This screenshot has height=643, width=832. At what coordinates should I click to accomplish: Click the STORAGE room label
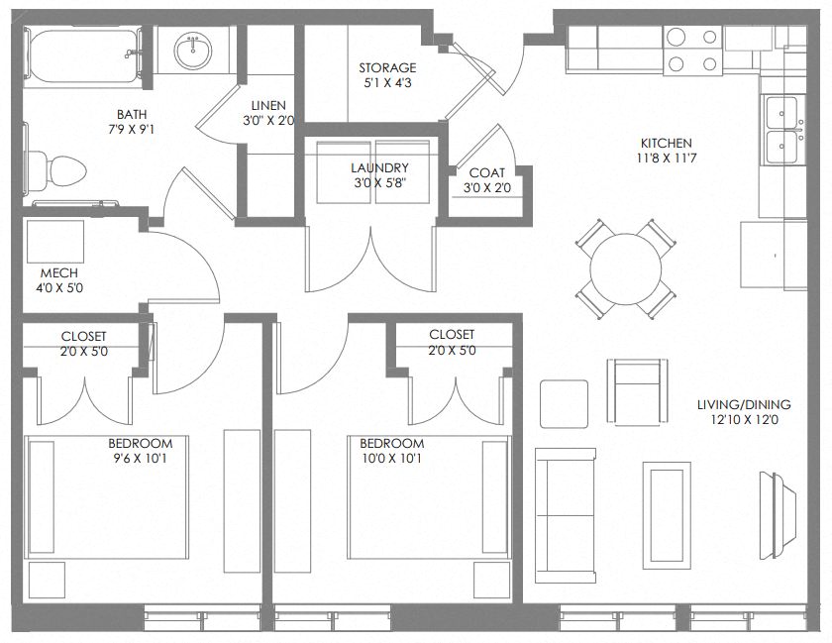tap(387, 67)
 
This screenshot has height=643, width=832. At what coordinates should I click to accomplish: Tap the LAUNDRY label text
tap(379, 167)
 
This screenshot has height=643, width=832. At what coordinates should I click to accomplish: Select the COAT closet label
tap(487, 173)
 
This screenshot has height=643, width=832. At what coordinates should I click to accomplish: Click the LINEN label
tap(268, 105)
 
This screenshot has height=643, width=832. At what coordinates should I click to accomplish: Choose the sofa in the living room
tap(566, 515)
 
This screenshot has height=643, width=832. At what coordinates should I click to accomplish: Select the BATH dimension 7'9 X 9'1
tap(131, 129)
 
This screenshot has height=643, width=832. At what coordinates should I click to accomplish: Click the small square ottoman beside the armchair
tap(564, 403)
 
